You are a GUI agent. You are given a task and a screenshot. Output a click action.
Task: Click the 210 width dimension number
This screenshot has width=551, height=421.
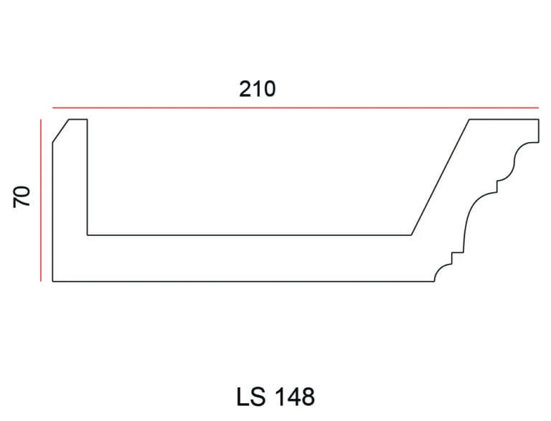point(258,89)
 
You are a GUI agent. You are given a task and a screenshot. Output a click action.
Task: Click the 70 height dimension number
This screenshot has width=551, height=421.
point(22,197)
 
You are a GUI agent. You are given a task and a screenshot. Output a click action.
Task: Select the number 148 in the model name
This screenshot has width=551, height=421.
point(294,397)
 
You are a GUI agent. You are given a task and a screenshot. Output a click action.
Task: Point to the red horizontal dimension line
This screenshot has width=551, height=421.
point(296,108)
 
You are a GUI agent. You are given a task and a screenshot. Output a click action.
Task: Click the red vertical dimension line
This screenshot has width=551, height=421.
point(41,200)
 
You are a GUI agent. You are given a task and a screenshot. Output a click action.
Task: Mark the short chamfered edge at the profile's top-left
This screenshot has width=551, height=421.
point(60,131)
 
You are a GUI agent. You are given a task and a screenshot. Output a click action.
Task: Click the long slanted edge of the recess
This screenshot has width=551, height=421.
point(441,177)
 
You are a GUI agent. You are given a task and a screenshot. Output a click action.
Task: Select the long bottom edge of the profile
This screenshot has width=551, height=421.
point(243,281)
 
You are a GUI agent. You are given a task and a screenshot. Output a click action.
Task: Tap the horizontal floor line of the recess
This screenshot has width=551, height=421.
point(249,235)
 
